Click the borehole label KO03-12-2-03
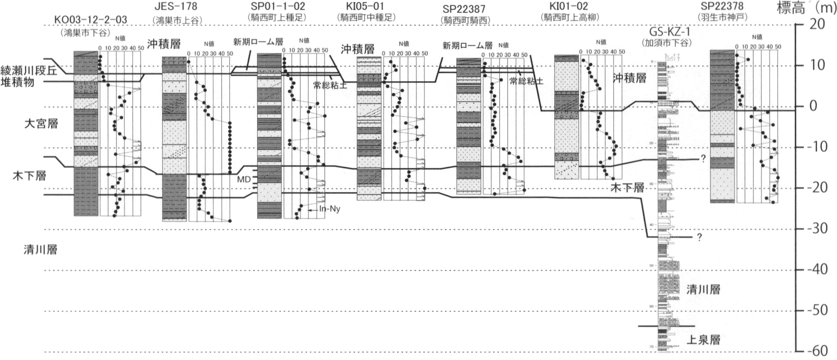[x=91, y=20]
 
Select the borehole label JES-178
[x=176, y=7]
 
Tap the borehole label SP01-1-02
[x=278, y=6]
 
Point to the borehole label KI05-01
[x=365, y=6]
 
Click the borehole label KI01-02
[x=568, y=6]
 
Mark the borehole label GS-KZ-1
[x=670, y=31]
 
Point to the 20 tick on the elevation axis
[x=817, y=24]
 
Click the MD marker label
[x=244, y=180]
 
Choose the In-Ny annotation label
[x=330, y=209]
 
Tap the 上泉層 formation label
[x=703, y=340]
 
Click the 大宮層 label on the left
[x=41, y=124]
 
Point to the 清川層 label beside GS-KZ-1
[x=703, y=290]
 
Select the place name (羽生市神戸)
[x=722, y=17]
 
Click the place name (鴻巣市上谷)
[x=177, y=20]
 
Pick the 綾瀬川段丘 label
[x=29, y=70]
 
